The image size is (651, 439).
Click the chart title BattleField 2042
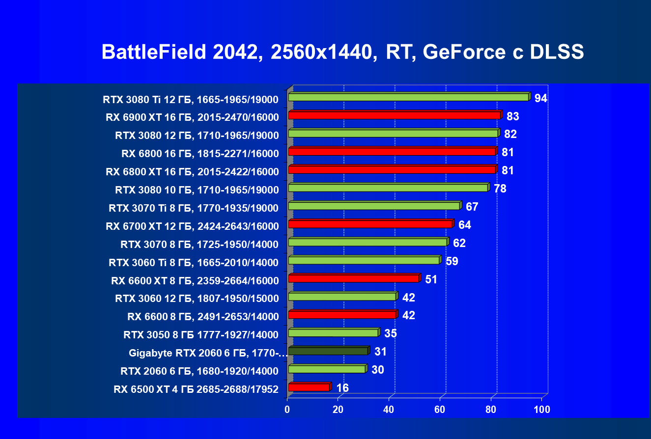click(342, 52)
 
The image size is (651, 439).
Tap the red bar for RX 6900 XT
click(395, 115)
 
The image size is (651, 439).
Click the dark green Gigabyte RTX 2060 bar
click(328, 351)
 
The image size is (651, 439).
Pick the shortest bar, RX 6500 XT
click(309, 387)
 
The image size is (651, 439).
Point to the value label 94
click(541, 98)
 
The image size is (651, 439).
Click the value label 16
click(342, 388)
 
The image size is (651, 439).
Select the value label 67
click(472, 207)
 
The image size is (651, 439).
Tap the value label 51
click(431, 279)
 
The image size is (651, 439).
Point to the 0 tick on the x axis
click(287, 409)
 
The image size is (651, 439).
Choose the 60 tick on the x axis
click(440, 409)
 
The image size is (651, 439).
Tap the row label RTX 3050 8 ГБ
click(201, 335)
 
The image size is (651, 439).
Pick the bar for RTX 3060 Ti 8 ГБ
click(364, 260)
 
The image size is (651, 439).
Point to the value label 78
click(500, 189)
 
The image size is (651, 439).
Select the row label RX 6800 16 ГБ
click(200, 154)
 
